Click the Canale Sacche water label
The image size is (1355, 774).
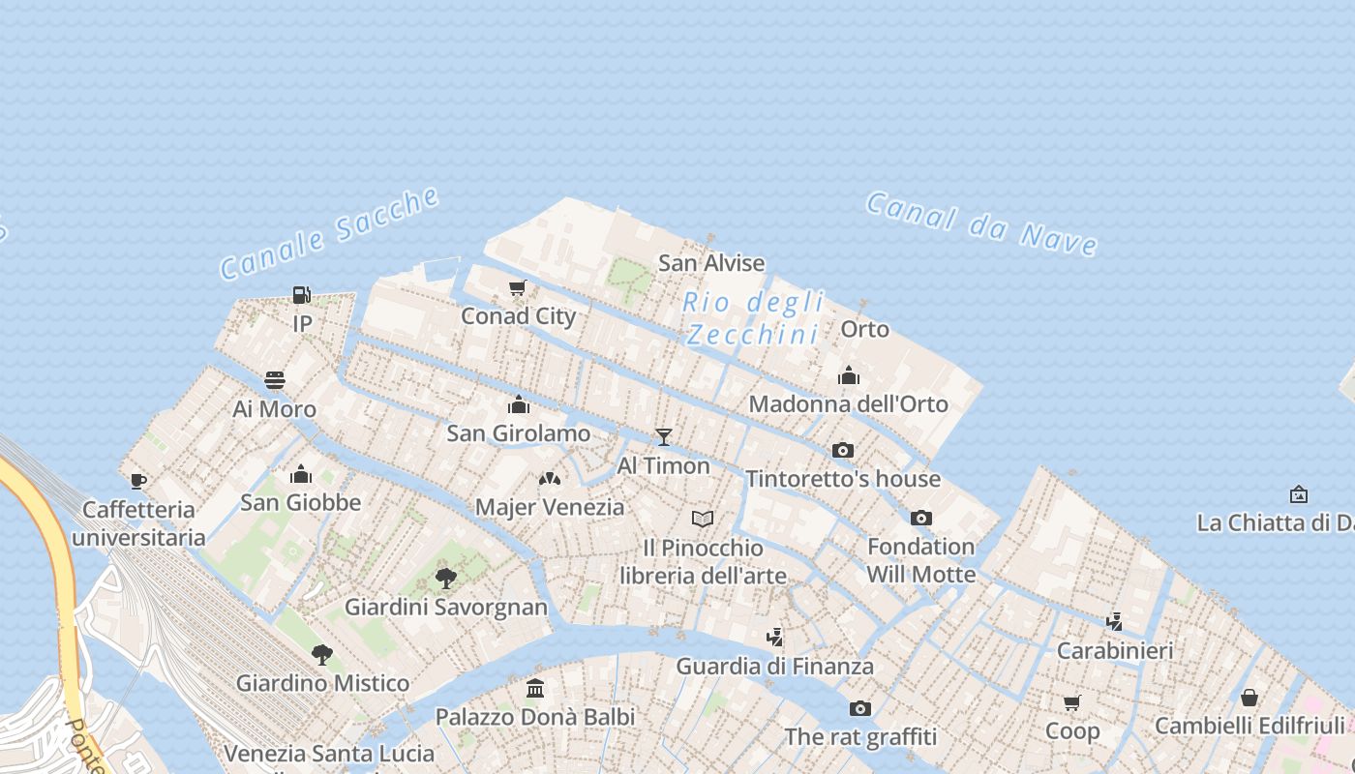tap(329, 233)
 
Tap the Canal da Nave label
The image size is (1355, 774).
tap(981, 223)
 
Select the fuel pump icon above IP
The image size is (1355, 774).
tap(302, 295)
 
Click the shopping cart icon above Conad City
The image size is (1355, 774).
tap(518, 287)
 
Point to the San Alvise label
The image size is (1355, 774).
tap(711, 263)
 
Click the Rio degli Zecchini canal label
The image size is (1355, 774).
tap(753, 318)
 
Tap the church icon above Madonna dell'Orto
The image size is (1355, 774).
tap(849, 375)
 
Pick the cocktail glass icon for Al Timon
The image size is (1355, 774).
tap(664, 437)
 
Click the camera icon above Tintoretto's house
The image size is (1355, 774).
tap(843, 451)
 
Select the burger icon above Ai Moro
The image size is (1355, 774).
tap(275, 380)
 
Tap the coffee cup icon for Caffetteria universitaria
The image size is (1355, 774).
tap(138, 481)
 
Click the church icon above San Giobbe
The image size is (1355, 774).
tap(301, 474)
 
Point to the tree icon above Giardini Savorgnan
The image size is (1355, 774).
tap(446, 579)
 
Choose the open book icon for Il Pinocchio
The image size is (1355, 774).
tap(703, 520)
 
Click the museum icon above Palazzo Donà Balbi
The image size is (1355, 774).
tap(535, 689)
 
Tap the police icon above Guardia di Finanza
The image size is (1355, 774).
tap(774, 638)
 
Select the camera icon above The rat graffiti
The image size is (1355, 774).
tap(860, 709)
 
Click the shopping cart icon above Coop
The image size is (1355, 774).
tap(1071, 703)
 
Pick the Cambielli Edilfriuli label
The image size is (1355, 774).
tap(1250, 726)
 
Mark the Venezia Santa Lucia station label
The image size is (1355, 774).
tap(329, 753)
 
